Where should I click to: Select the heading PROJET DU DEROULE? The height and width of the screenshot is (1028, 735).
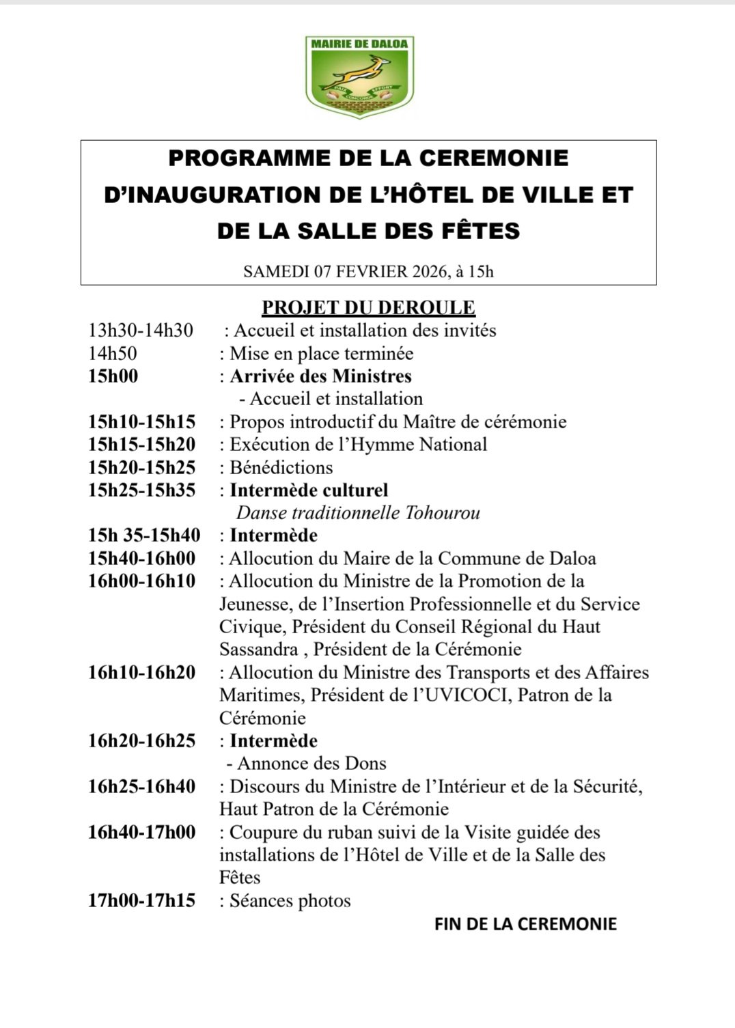click(x=368, y=307)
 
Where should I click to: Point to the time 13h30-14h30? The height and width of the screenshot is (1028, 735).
click(x=141, y=331)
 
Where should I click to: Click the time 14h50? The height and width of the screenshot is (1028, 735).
click(x=112, y=354)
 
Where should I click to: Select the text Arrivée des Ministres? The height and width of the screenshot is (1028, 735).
click(x=320, y=376)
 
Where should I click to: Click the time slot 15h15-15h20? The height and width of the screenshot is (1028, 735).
click(x=141, y=445)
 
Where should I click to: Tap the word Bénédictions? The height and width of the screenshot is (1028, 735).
click(x=281, y=468)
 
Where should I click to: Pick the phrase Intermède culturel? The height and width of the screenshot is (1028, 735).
click(x=309, y=490)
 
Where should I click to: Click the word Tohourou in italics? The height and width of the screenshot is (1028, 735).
click(x=442, y=513)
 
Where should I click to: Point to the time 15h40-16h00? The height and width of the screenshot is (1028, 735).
click(x=141, y=559)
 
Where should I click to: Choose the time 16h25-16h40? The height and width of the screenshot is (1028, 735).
click(x=141, y=787)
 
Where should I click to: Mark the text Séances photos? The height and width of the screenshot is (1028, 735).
click(x=290, y=901)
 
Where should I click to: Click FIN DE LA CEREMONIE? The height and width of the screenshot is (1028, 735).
click(x=525, y=924)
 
